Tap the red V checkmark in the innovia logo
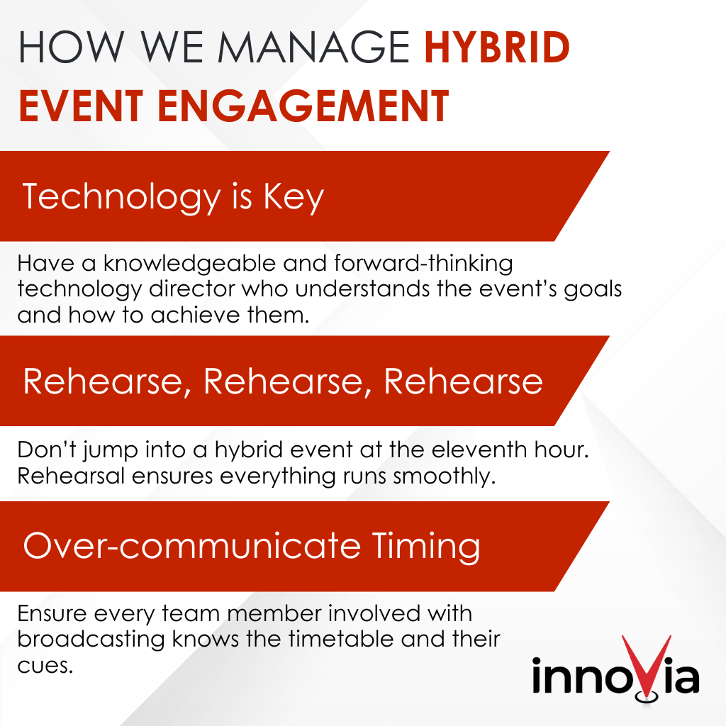646,664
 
